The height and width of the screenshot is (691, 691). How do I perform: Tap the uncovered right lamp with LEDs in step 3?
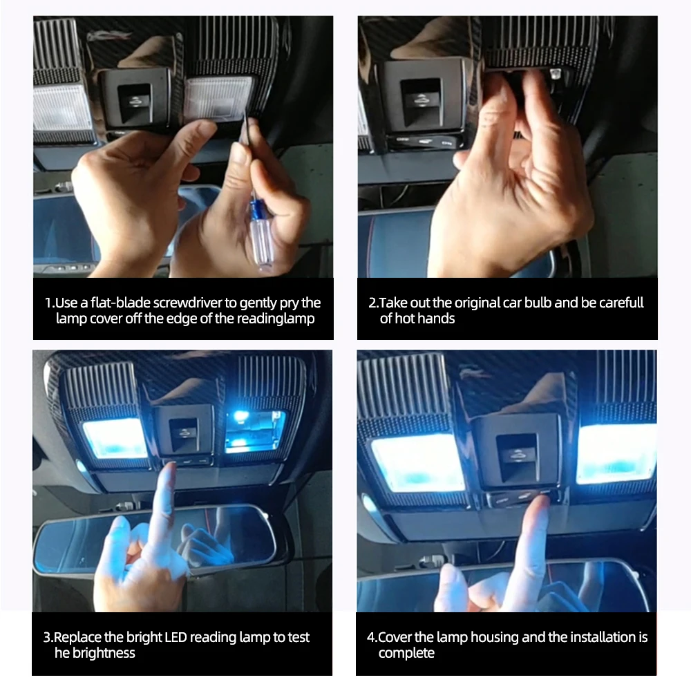[254, 430]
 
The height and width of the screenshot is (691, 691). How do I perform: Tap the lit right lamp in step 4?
[615, 453]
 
